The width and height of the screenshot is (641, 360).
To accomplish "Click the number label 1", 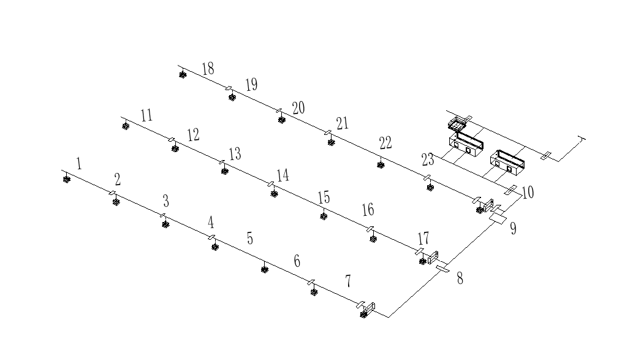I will click(79, 163).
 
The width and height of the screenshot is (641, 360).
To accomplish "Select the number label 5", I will click(249, 238).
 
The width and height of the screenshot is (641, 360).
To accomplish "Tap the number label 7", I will click(348, 281).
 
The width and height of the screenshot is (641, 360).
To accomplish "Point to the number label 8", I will click(460, 278).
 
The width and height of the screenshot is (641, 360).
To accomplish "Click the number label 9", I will click(513, 229).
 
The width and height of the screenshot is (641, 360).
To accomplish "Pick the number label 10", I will click(528, 193).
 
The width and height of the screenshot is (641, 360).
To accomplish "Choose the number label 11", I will click(146, 115).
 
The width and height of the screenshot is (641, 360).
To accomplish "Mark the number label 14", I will click(283, 175).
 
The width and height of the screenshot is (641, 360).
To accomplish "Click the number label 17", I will click(423, 238).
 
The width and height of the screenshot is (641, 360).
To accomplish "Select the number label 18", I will click(208, 67).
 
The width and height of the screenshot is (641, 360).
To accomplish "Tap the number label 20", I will click(298, 109).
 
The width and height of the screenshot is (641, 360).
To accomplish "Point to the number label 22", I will click(385, 144).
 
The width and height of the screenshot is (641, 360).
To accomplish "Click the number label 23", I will click(428, 160).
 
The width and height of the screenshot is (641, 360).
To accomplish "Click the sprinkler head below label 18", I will click(183, 75).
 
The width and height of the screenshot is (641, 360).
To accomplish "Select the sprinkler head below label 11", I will click(126, 127).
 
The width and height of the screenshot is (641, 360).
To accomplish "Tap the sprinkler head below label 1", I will click(66, 179).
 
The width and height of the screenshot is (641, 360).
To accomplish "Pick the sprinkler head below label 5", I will click(265, 269).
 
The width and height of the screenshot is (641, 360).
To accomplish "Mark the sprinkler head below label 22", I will click(381, 166).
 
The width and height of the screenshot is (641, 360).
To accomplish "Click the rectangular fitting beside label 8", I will click(442, 268).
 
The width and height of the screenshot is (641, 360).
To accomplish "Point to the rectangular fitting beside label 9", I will click(498, 217).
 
